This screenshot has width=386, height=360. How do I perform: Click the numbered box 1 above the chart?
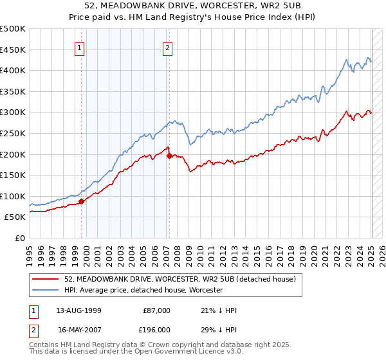(x=80, y=47)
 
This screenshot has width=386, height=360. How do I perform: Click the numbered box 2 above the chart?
(x=167, y=47)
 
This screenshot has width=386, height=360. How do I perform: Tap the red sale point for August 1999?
(x=82, y=201)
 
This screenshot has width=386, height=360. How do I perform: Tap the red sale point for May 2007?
(x=169, y=156)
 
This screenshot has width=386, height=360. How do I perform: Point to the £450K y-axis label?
(x=14, y=50)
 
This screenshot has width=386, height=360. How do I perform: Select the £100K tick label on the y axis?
(x=14, y=196)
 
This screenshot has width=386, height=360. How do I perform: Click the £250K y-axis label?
(x=14, y=133)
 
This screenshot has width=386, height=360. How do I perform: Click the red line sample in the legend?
(x=47, y=279)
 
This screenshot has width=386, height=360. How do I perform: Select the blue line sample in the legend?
(x=47, y=290)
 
